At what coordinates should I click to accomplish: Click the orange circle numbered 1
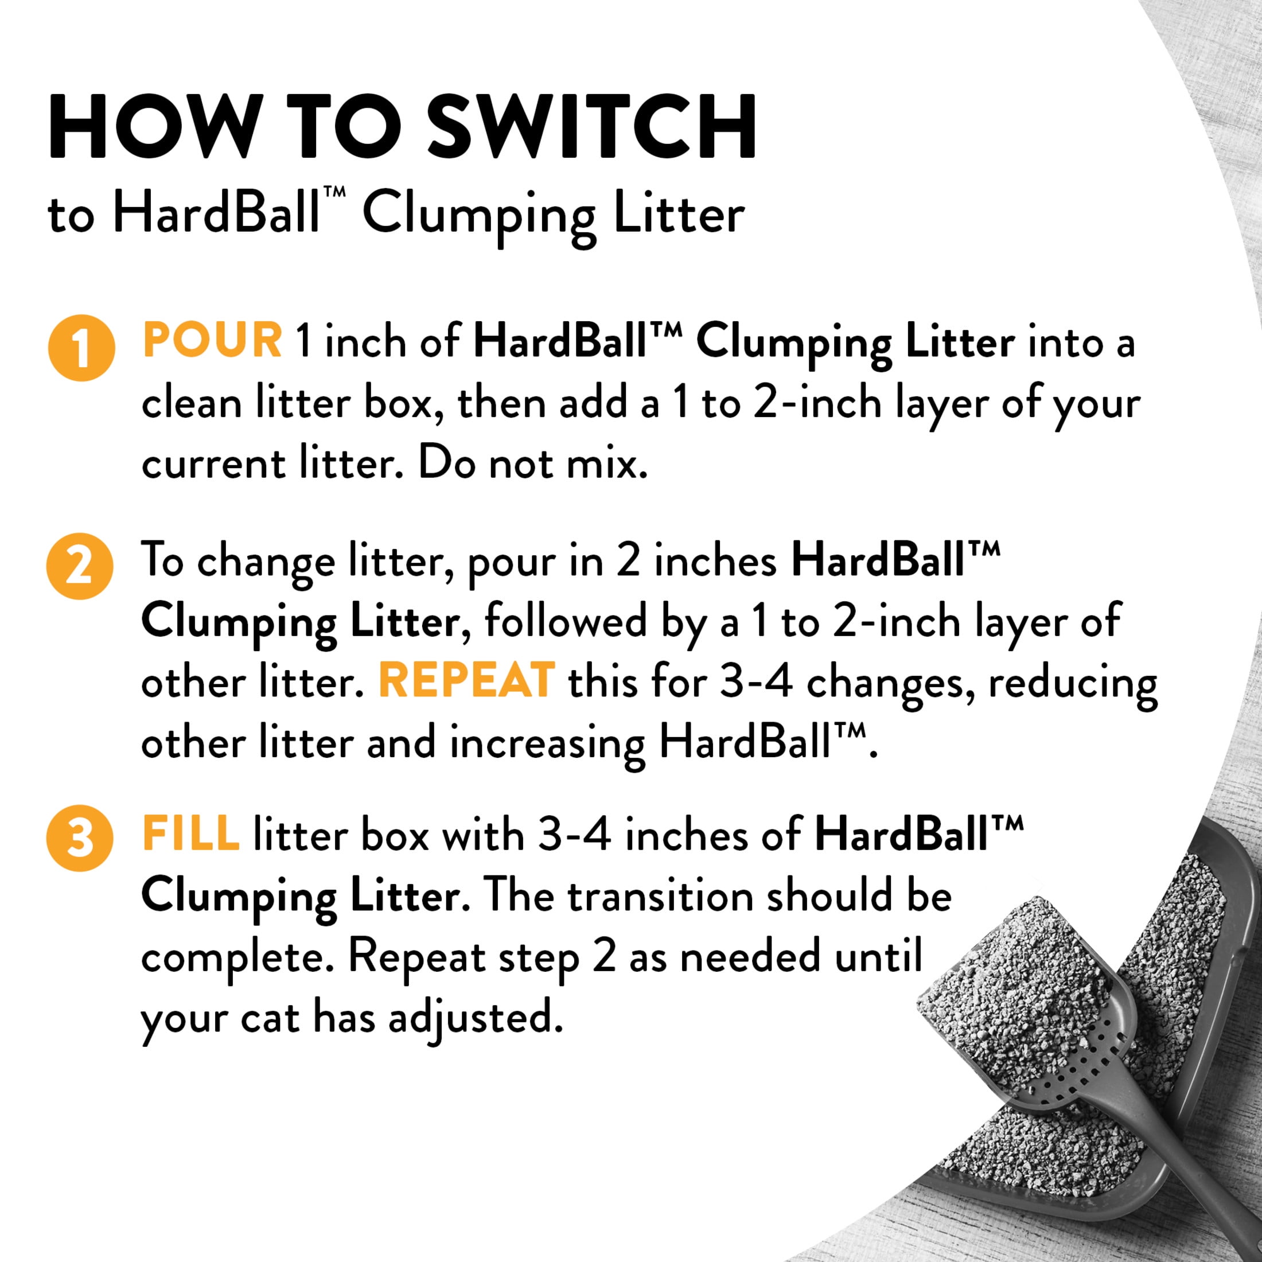(x=81, y=348)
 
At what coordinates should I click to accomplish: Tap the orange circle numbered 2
(x=80, y=566)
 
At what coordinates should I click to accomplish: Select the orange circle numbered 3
(x=80, y=838)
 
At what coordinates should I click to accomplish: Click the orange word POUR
(x=212, y=341)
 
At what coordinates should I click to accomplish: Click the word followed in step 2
(x=565, y=621)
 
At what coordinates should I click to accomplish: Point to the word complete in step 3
(x=232, y=958)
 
